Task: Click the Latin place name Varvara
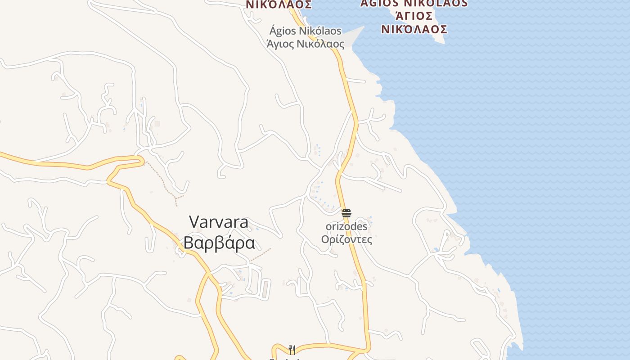[x=219, y=222]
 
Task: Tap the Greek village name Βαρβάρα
[x=219, y=243]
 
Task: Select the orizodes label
[x=346, y=226]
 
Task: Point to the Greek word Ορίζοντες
[x=346, y=239]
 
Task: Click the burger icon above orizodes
[x=346, y=213]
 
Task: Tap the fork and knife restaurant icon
[x=292, y=350]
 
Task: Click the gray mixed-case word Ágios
[x=285, y=31]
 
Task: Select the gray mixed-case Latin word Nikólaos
[x=322, y=31]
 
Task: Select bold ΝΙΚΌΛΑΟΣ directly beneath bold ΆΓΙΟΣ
[x=414, y=29]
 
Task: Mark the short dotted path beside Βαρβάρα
[x=261, y=255]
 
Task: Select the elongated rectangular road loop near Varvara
[x=266, y=289]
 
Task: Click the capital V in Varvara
[x=194, y=222]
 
